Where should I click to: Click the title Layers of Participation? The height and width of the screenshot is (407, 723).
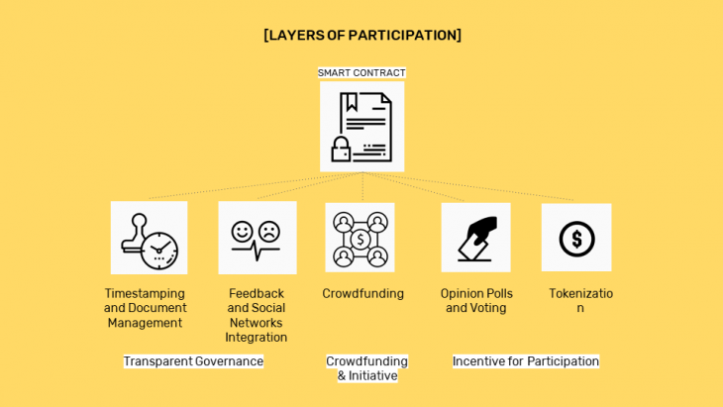[361, 36]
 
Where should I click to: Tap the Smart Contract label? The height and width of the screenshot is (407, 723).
[361, 73]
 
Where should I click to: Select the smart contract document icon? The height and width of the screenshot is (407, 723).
[361, 127]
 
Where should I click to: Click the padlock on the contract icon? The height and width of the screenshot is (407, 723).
[342, 149]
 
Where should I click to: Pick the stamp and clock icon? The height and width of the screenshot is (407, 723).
[149, 238]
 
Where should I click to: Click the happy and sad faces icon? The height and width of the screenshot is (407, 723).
[257, 238]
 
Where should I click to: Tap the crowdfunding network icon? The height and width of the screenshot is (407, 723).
[360, 238]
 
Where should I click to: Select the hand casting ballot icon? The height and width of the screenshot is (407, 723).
[475, 238]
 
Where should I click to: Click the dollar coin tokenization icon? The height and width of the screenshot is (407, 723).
[576, 238]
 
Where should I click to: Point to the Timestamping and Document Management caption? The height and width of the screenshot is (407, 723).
[145, 308]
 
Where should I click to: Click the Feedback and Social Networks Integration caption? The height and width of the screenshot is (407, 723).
[256, 315]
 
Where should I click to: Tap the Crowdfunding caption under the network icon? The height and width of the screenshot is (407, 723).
[362, 293]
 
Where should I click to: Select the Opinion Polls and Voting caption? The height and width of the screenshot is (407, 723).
[476, 300]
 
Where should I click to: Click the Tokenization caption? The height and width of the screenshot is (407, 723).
[580, 300]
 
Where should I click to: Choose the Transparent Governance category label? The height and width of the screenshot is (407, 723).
[193, 361]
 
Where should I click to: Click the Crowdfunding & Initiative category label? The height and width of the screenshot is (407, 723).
[366, 368]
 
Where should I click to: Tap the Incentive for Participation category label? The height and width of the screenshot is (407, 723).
[526, 361]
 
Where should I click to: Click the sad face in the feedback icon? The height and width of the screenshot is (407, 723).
[269, 231]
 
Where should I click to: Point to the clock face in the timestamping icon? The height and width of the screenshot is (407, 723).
[158, 249]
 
